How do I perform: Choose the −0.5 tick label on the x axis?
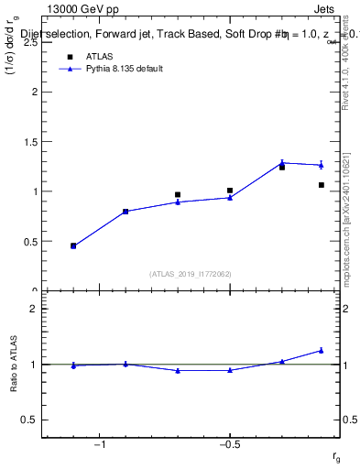pyautogui.click(x=228, y=446)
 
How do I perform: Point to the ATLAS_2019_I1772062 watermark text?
pyautogui.click(x=190, y=273)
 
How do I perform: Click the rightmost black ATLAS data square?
pyautogui.click(x=322, y=185)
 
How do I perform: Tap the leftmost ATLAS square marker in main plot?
pyautogui.click(x=73, y=245)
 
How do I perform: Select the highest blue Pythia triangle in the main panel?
pyautogui.click(x=282, y=162)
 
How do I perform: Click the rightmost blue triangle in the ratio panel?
pyautogui.click(x=322, y=350)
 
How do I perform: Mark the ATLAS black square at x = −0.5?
pyautogui.click(x=230, y=191)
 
